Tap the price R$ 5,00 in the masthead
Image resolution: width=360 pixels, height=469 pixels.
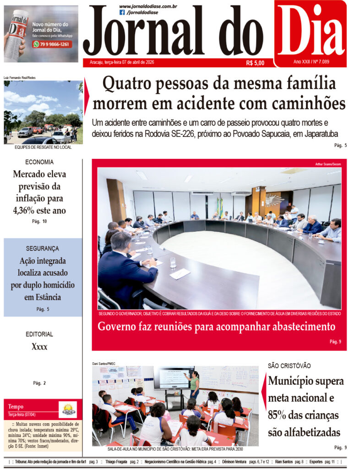coord(255,63)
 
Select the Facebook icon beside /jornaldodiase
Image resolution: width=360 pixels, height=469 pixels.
coord(122,12)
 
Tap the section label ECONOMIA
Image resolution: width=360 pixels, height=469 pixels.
coord(39,162)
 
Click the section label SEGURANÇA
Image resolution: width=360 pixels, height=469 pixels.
coord(43,249)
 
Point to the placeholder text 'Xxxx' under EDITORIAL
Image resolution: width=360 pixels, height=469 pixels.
coord(39,347)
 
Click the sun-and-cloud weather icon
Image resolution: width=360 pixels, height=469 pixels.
coord(68,409)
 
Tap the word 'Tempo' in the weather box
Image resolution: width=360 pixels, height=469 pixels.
coord(16,406)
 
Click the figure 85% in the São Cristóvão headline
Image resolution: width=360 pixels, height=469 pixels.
coord(279,415)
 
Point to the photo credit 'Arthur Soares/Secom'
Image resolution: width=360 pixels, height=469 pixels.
coord(328,164)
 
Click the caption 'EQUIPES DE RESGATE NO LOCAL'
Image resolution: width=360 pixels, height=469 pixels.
coord(43,147)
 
